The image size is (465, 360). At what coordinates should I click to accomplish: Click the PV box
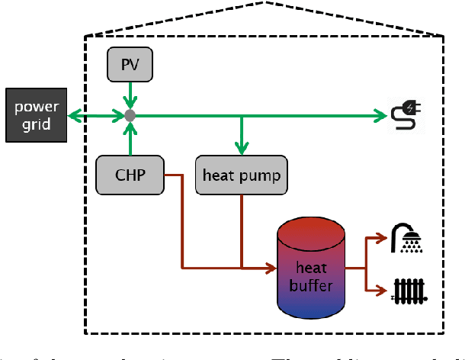tap(130, 66)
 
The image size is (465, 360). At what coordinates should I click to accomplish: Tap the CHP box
tap(130, 175)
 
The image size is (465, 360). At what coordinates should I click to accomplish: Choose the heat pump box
tap(241, 175)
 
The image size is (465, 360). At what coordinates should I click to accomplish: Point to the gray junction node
tap(130, 116)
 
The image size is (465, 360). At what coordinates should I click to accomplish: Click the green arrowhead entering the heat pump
tap(242, 148)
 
